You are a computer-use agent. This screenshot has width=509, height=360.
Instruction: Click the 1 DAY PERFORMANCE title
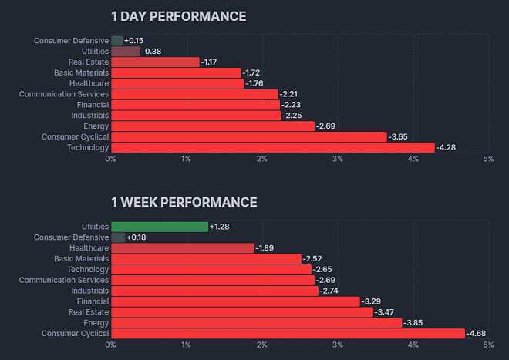tap(178, 16)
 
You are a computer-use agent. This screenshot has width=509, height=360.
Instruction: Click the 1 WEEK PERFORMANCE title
tap(184, 202)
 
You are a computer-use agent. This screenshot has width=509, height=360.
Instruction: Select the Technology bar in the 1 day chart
tap(272, 147)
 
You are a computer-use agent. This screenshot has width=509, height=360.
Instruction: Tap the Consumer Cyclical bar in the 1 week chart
tap(288, 334)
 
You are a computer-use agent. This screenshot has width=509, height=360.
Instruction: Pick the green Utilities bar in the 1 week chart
tap(160, 227)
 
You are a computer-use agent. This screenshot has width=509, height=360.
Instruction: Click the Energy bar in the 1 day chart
tap(213, 126)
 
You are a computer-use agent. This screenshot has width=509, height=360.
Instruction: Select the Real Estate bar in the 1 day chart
tap(155, 62)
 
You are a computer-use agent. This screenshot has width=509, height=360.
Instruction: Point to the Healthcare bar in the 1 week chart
tap(182, 248)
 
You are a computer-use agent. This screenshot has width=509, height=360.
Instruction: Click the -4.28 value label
tap(447, 147)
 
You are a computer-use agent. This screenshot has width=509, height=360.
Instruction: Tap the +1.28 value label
tap(221, 227)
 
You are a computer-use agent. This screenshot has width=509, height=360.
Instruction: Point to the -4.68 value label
tap(477, 334)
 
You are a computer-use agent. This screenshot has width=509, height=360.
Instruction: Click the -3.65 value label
tap(399, 136)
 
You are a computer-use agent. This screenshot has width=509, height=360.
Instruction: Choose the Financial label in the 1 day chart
tap(93, 105)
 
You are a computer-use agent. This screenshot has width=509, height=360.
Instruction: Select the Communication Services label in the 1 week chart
tap(64, 281)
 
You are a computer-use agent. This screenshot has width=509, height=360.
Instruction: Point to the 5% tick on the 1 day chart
tap(488, 159)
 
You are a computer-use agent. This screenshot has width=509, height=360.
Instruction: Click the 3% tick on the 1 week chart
tap(338, 345)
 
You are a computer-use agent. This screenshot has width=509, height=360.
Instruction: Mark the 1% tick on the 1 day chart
tap(187, 159)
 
